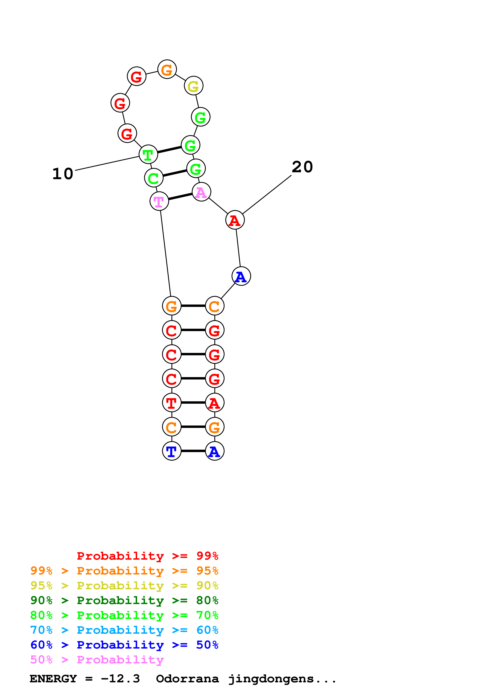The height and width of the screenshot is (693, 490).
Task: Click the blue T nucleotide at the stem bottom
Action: point(172,451)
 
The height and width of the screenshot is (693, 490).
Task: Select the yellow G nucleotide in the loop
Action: point(194,86)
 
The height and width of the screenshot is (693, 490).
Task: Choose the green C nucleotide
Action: point(154,178)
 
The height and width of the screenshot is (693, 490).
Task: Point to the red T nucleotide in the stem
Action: point(172,403)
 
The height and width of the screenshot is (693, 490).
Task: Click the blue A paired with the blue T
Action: point(214,451)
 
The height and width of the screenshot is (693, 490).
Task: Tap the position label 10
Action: point(63,174)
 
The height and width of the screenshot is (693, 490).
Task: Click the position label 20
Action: point(302,167)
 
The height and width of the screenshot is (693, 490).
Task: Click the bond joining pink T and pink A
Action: point(180,197)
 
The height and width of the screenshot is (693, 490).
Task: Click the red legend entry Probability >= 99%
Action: point(148,556)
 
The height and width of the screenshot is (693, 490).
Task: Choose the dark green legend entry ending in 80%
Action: point(124,601)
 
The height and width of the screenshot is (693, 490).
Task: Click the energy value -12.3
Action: point(120,679)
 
